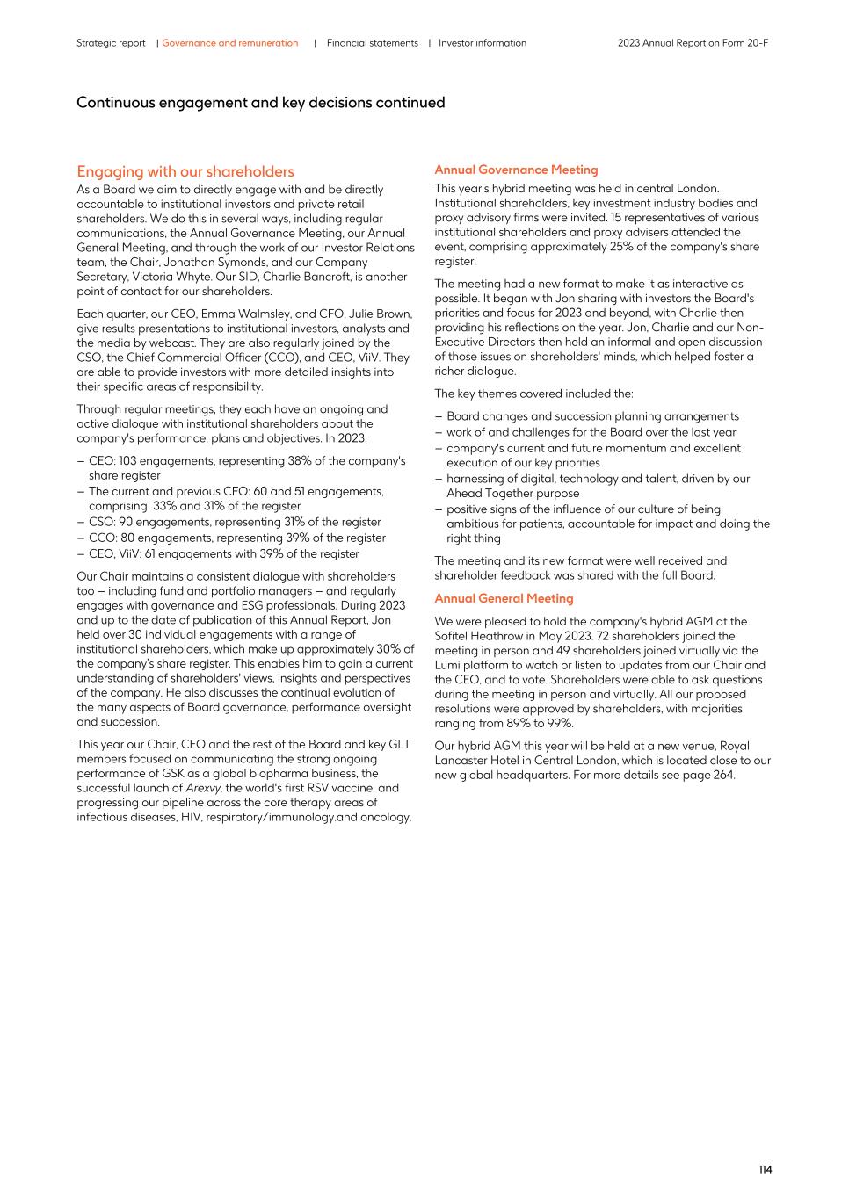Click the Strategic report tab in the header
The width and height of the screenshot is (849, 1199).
point(111,43)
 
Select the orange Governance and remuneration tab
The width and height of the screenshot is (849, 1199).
point(229,43)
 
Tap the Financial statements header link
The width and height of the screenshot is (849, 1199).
point(372,43)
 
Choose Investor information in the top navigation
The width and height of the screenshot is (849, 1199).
point(483,43)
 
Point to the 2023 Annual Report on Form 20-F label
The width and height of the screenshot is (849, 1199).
point(693,43)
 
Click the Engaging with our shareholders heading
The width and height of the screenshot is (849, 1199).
point(185,171)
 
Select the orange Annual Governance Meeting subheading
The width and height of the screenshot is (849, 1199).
point(516,170)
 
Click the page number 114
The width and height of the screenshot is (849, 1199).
point(765,1169)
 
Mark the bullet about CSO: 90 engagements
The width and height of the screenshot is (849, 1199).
point(234,522)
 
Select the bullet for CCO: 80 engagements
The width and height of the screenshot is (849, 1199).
point(236,538)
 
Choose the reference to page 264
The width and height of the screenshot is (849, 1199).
point(714,775)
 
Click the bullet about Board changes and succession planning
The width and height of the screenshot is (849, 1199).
point(592,416)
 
